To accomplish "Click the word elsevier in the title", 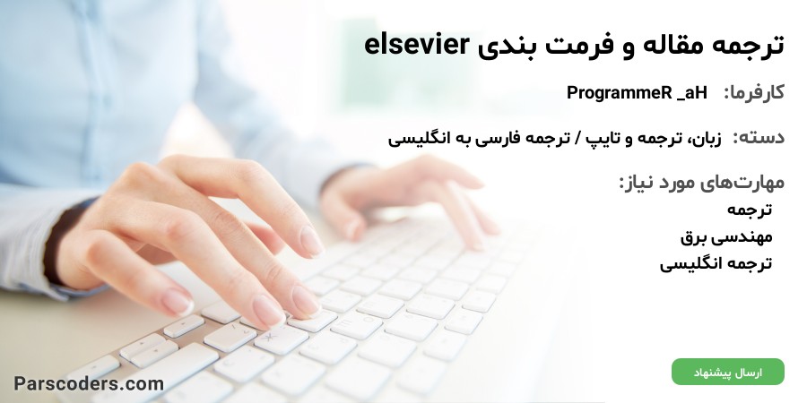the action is click(x=417, y=45).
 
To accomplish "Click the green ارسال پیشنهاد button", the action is click(x=728, y=373).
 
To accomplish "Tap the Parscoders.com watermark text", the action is click(x=89, y=383).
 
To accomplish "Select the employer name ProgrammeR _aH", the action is click(x=637, y=93).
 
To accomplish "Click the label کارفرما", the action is click(x=754, y=93).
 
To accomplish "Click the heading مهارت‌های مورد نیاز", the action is click(x=701, y=183).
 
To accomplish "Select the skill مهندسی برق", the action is click(x=726, y=237).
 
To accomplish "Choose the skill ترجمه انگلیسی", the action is click(x=716, y=263).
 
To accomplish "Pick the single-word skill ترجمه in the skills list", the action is click(x=750, y=210).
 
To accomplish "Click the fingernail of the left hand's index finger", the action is click(x=311, y=241).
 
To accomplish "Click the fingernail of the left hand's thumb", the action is click(x=177, y=303).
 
